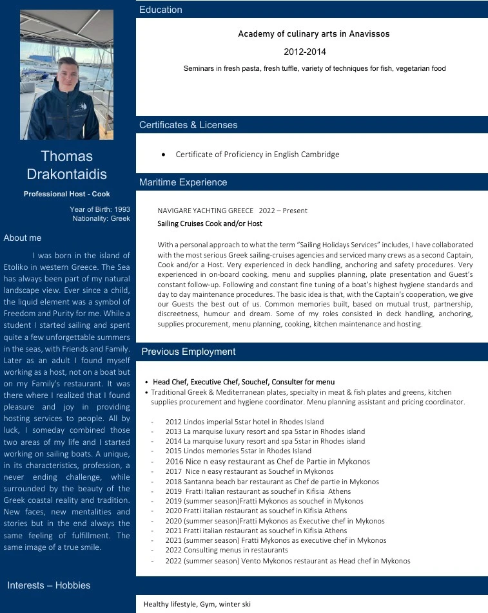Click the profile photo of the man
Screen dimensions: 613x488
[x=66, y=75]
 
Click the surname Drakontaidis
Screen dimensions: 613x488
[x=67, y=174]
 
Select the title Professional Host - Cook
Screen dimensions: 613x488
[x=67, y=194]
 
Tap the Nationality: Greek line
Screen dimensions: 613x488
[x=101, y=218]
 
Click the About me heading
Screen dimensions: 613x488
[x=23, y=238]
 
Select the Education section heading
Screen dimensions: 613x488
[x=161, y=10]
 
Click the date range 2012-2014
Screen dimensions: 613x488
[x=305, y=52]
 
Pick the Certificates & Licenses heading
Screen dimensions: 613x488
[x=188, y=125]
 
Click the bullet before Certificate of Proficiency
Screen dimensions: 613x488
[x=164, y=155]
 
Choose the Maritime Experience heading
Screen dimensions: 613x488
[x=183, y=182]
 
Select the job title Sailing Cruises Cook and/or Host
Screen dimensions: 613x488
[x=210, y=223]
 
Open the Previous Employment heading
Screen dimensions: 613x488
[x=188, y=352]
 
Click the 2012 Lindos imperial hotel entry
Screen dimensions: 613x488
[x=244, y=422]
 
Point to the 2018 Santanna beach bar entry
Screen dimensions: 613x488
[x=272, y=482]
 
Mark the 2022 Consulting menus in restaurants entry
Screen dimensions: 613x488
[x=226, y=551]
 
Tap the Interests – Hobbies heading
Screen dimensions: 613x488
[x=49, y=585]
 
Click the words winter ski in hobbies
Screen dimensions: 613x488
[x=234, y=604]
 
